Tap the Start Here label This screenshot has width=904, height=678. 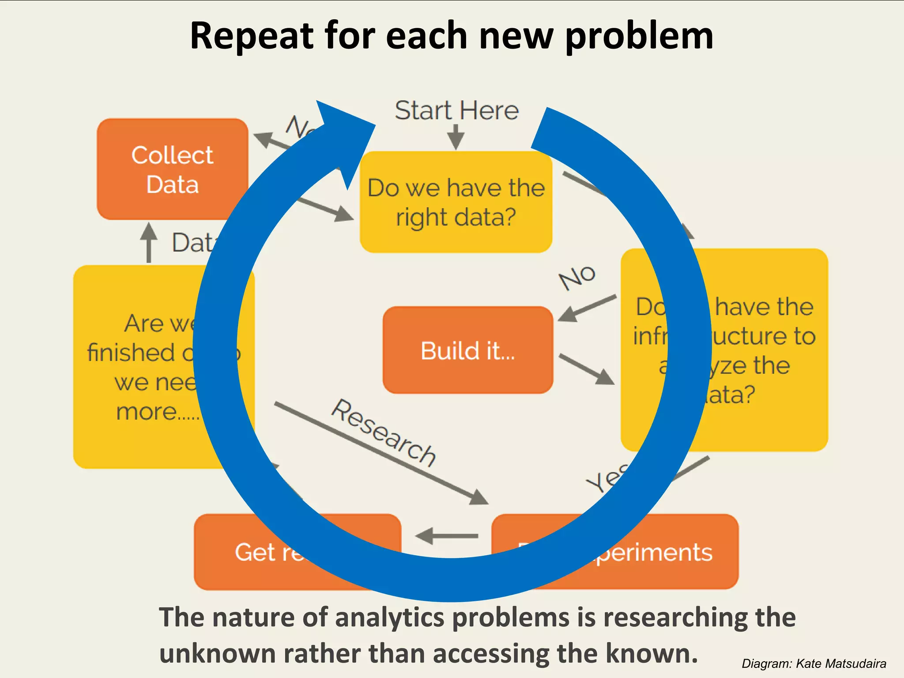pos(456,110)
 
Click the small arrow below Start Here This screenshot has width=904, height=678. pos(456,137)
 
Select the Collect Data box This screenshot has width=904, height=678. pos(172,169)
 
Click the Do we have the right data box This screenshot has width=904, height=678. pos(456,202)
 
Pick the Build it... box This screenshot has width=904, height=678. pos(468,350)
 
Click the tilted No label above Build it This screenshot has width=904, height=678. pos(577,277)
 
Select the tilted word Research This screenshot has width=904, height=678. pos(384,433)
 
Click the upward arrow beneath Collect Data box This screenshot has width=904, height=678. pos(149,243)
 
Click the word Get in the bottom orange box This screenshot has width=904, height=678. pos(255,552)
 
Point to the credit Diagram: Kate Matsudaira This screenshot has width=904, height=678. pos(814,663)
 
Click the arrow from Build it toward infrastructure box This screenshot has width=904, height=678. pos(587,369)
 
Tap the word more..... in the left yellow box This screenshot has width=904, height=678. pos(158,412)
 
